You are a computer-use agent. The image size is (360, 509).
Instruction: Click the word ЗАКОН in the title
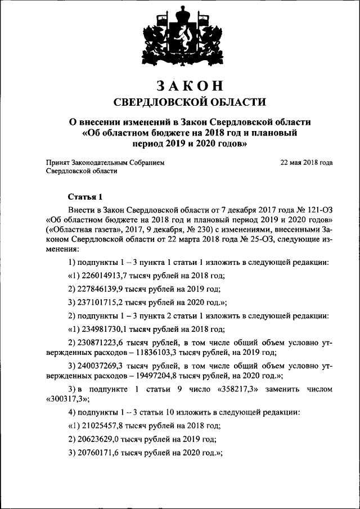(x=189, y=85)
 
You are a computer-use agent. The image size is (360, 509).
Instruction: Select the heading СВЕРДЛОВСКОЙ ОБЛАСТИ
(x=189, y=101)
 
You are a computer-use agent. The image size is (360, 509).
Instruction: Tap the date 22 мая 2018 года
(x=306, y=162)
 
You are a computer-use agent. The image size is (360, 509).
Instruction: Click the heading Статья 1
(x=85, y=197)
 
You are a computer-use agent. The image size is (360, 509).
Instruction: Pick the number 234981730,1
(x=104, y=330)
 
